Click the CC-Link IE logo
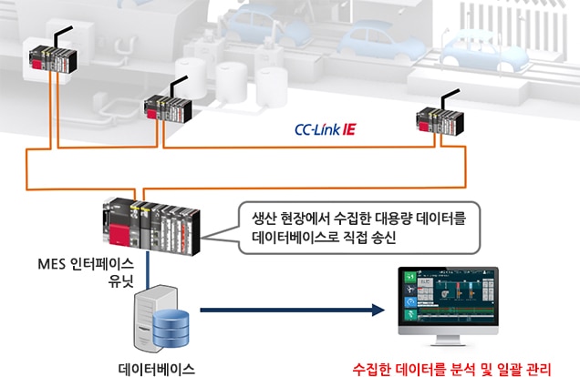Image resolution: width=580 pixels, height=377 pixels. [331, 131]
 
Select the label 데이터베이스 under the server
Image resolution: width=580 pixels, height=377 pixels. [157, 370]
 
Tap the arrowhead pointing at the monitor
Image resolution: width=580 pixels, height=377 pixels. [374, 310]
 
